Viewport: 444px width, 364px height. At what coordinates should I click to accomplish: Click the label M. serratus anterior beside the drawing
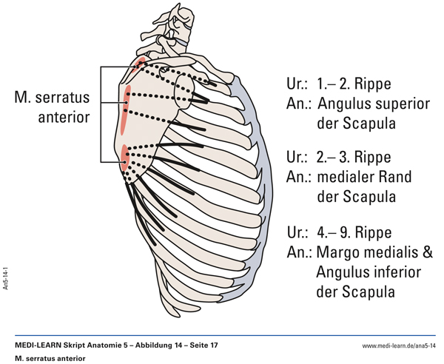(53, 107)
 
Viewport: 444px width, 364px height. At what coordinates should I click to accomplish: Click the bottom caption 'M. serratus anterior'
(50, 358)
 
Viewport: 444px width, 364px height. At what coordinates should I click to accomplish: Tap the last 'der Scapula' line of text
(354, 291)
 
